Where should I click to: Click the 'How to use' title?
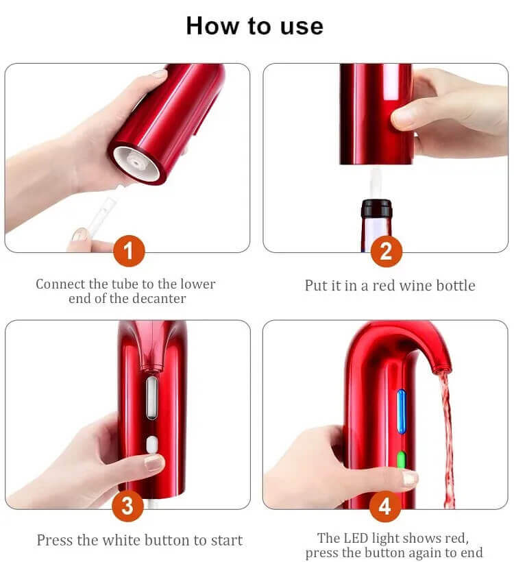254,26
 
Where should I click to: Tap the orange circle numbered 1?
129,250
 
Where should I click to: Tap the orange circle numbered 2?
386,250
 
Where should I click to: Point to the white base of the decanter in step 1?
136,163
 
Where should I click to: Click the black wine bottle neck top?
376,208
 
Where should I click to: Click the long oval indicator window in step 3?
151,398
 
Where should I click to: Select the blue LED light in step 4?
401,411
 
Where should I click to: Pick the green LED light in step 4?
401,459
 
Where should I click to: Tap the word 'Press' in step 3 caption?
56,540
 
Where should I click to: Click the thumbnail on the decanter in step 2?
404,118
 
